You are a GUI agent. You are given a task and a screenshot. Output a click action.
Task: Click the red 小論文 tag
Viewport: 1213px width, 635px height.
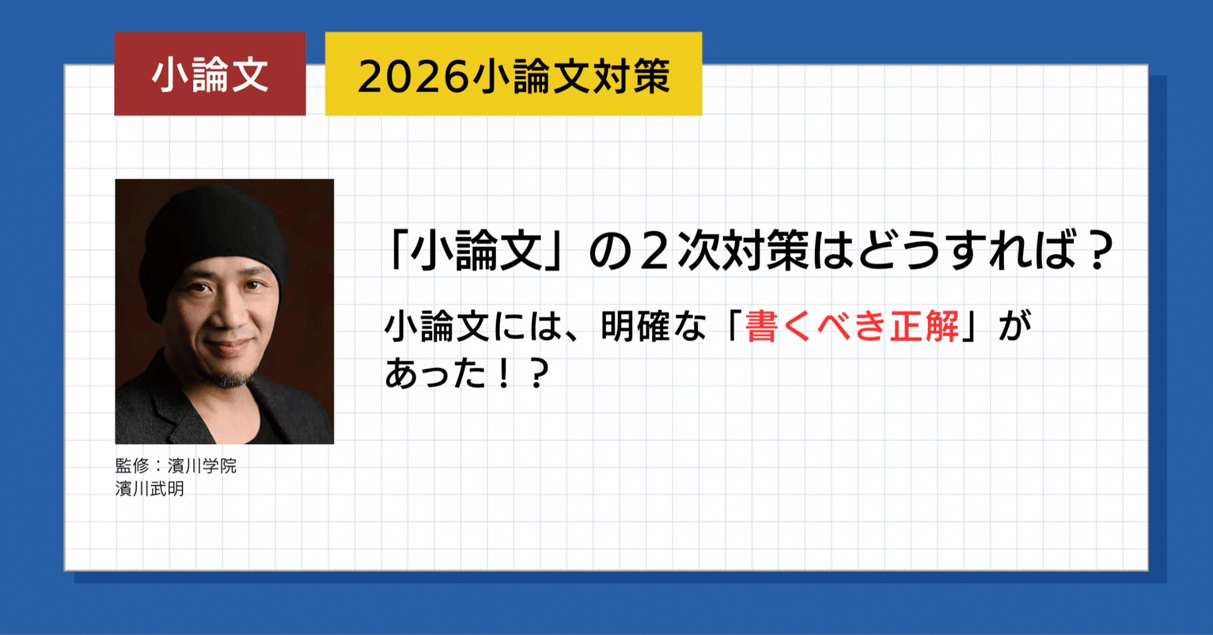[210, 74]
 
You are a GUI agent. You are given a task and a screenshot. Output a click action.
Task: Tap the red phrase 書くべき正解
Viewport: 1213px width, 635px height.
[852, 327]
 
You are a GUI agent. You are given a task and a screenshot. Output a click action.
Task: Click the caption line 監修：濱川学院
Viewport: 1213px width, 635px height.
[176, 466]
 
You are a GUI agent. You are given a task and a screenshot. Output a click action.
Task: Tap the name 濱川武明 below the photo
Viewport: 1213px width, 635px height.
[150, 489]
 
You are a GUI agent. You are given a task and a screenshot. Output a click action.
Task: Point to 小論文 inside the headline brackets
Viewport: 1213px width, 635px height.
[477, 251]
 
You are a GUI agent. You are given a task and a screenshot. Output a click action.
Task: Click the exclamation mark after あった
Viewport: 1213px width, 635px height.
[504, 373]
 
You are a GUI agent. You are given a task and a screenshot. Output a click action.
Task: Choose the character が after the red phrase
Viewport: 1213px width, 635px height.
[1014, 327]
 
